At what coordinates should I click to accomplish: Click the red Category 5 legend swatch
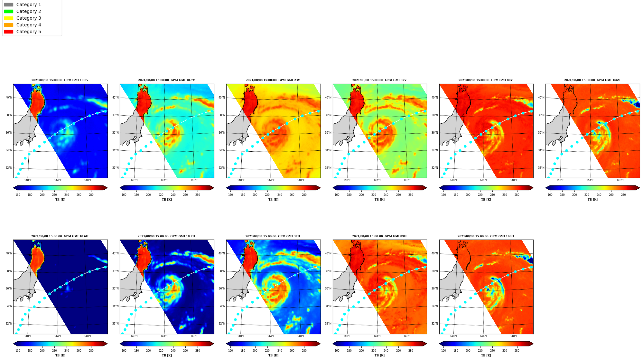[9, 32]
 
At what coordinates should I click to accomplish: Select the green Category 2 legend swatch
[9, 11]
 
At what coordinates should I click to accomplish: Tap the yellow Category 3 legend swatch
[9, 18]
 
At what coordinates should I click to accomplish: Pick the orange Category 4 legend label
[29, 25]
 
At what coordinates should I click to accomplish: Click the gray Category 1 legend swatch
[9, 5]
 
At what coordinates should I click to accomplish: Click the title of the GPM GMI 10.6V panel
[60, 80]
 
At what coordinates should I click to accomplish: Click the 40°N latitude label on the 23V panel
[222, 98]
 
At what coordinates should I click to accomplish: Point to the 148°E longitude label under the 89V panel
[514, 180]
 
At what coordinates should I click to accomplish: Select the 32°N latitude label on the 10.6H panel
[9, 324]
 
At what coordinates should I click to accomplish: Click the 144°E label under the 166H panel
[483, 336]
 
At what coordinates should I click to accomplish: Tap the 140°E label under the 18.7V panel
[134, 180]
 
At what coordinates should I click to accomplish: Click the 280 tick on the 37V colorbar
[411, 195]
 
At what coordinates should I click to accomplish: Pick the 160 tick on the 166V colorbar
[550, 195]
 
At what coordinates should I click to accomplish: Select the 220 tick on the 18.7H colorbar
[161, 351]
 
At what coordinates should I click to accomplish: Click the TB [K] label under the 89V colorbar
[486, 200]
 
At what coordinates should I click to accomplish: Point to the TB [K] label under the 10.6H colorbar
[60, 355]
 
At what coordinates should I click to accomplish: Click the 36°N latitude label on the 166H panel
[435, 289]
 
